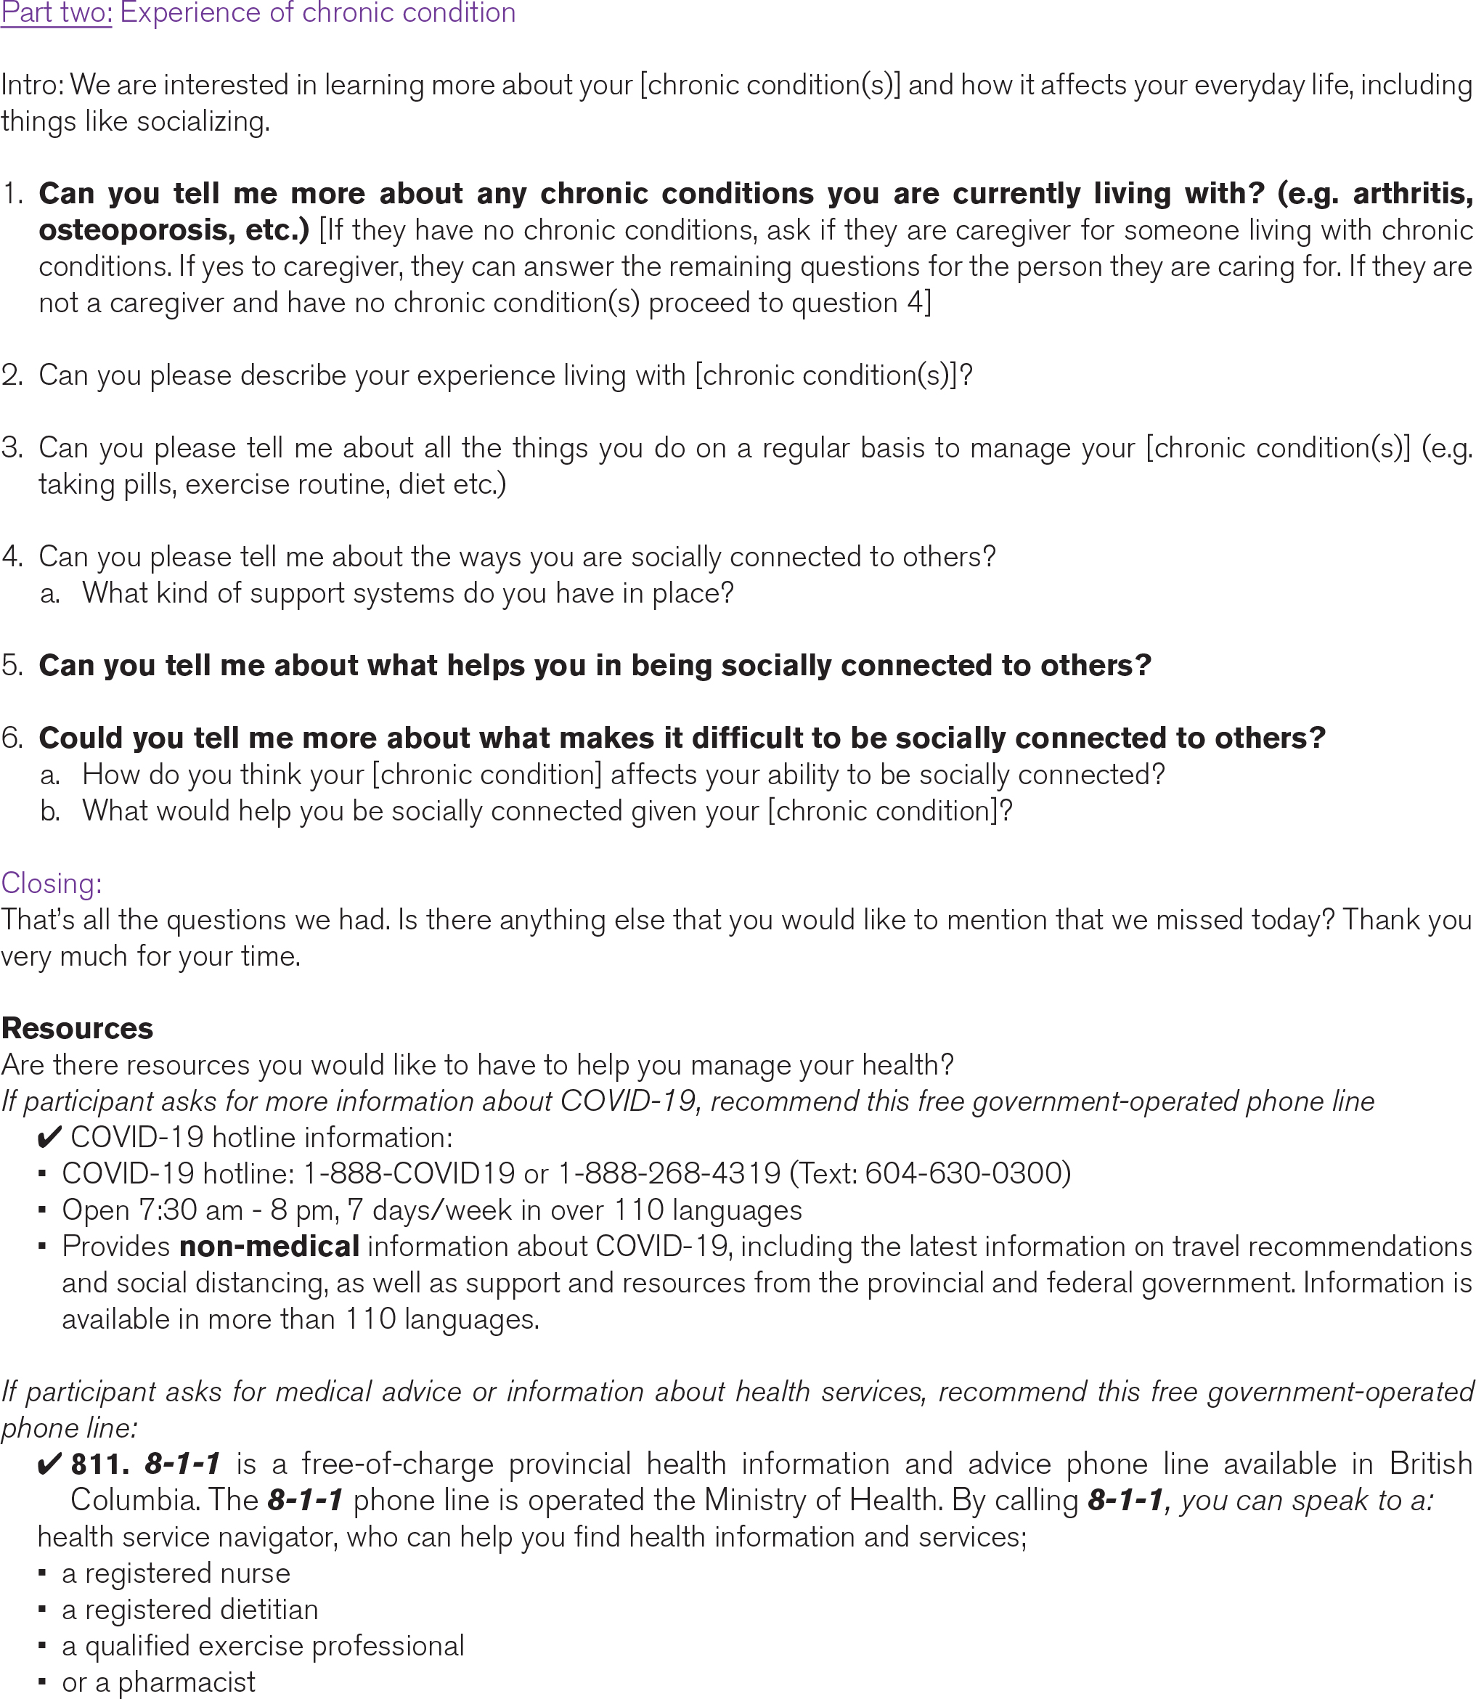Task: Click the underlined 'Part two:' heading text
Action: coord(56,13)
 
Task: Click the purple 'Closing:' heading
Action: coord(52,884)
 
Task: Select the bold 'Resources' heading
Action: coord(78,1029)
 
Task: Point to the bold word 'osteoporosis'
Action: coord(132,229)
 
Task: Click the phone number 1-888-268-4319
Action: coord(669,1173)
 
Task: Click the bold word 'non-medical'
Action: coord(269,1246)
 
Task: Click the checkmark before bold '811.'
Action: coord(49,1465)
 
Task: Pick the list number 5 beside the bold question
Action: coord(12,665)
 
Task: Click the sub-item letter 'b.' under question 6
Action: coord(50,811)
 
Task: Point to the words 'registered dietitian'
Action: coord(202,1609)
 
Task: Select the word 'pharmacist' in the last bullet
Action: coord(187,1682)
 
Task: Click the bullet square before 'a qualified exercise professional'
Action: coord(43,1645)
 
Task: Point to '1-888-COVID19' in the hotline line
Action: coord(409,1173)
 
